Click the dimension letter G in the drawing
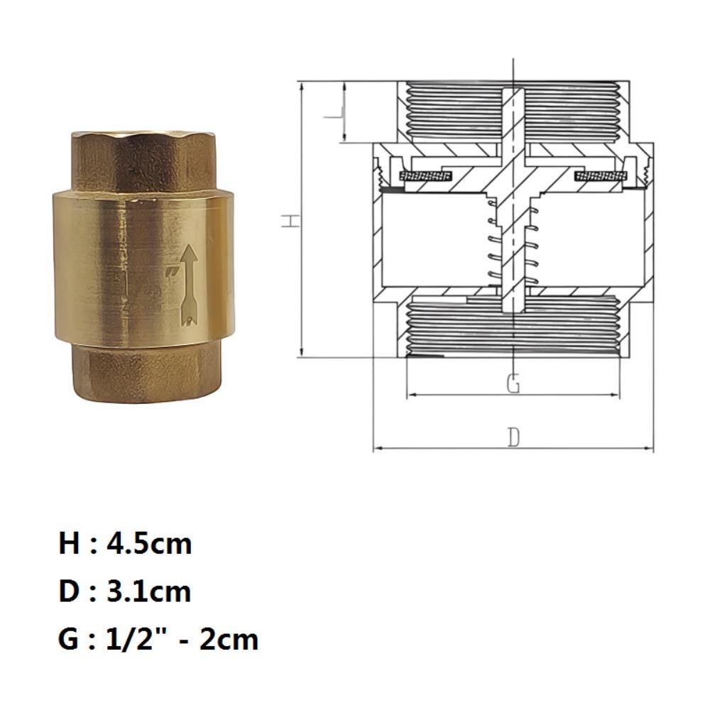point(513,384)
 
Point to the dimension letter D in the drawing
point(513,438)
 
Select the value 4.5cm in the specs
point(150,545)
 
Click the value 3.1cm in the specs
point(149,591)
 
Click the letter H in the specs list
point(69,545)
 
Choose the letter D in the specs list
point(68,591)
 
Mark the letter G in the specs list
point(69,639)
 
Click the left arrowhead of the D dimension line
point(376,449)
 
